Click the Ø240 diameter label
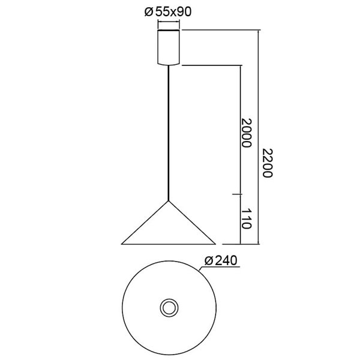click(221, 262)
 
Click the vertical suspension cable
click(169, 132)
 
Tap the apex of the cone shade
click(169, 200)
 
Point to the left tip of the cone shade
click(122, 244)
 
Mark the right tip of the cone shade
click(215, 244)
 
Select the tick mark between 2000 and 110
click(240, 194)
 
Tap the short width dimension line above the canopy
click(169, 24)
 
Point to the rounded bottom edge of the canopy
click(169, 63)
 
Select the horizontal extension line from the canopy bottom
click(210, 65)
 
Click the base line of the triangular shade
click(169, 244)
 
